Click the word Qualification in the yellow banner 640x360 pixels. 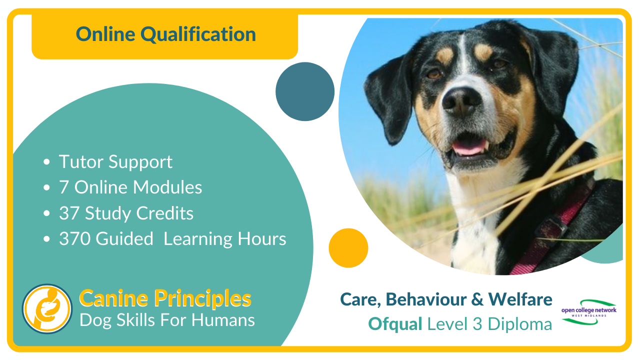pos(198,35)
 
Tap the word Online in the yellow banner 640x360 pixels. pos(105,34)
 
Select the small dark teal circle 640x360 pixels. pos(305,91)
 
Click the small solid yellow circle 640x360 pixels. pos(348,248)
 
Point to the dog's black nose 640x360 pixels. pos(461,101)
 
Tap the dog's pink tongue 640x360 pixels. pos(468,147)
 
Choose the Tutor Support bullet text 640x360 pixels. pos(115,162)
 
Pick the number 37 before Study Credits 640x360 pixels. pos(69,213)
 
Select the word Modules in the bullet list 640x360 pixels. pos(167,187)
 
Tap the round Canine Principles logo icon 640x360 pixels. pos(47,308)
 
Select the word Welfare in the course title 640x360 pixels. pos(520,299)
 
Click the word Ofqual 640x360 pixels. pos(395,324)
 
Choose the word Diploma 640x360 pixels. pos(519,324)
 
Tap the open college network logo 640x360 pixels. pos(589,312)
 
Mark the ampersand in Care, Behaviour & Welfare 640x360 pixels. pos(477,299)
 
